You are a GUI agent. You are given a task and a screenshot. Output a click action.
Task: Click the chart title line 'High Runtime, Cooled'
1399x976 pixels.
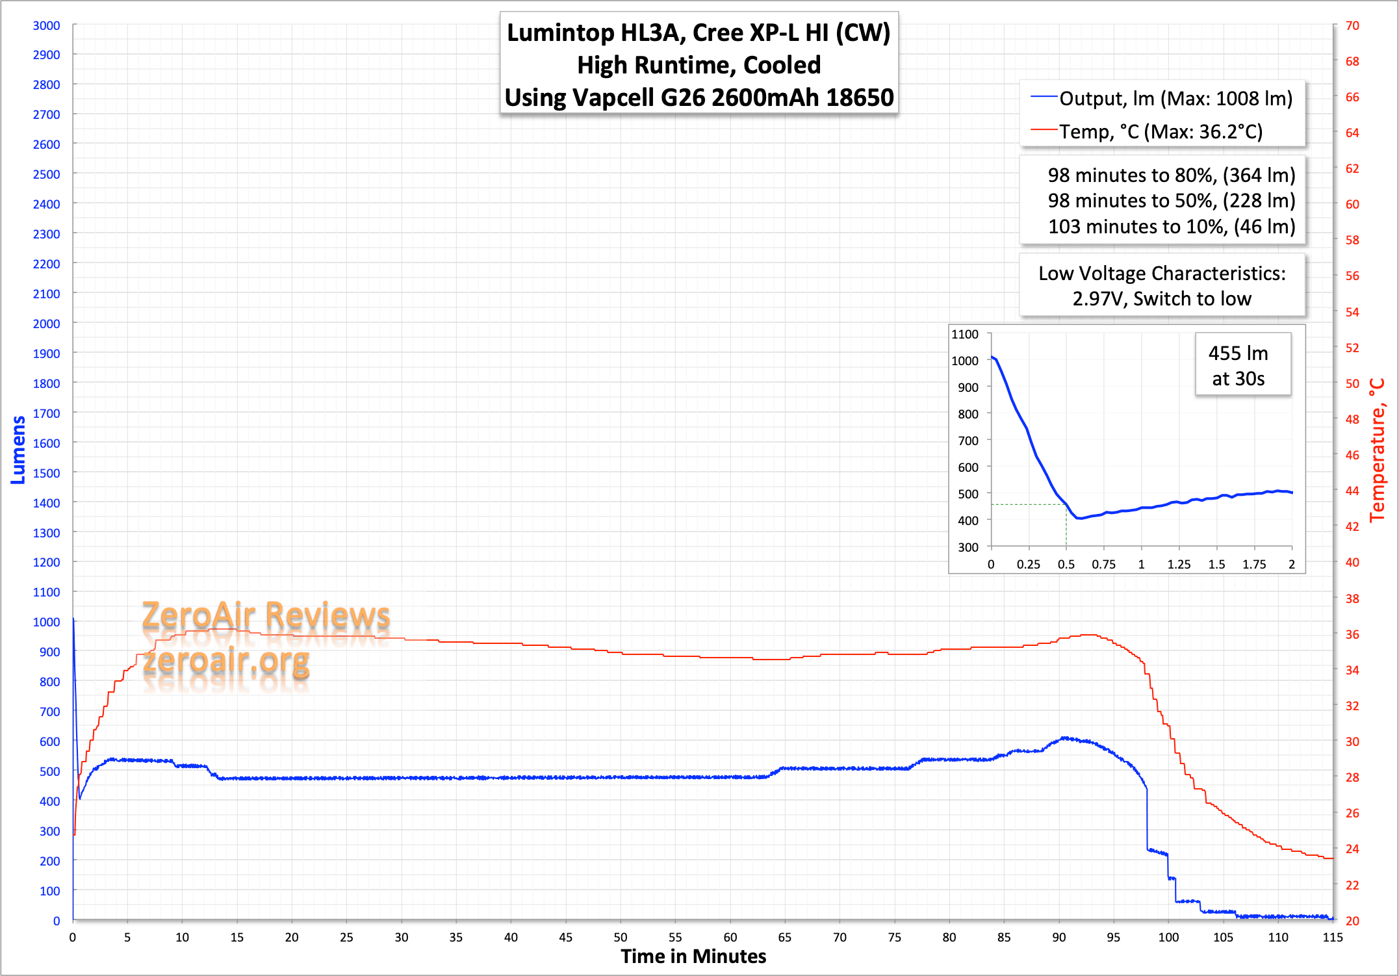click(x=699, y=65)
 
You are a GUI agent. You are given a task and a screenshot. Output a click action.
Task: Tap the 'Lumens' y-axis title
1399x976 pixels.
click(x=18, y=450)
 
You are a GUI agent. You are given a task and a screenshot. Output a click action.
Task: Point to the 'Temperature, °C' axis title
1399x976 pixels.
click(x=1378, y=450)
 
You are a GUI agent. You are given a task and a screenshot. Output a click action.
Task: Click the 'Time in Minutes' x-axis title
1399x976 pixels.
click(x=693, y=957)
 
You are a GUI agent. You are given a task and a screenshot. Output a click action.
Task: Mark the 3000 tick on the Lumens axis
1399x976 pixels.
click(x=46, y=25)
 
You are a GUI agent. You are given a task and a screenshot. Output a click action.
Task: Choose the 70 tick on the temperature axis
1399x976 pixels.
click(x=1352, y=25)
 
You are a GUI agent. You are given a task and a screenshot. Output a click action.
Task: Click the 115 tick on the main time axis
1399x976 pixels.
click(x=1333, y=937)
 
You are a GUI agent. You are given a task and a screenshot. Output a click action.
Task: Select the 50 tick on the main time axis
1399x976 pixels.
click(x=621, y=937)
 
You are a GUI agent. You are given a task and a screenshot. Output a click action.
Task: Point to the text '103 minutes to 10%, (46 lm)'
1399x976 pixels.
click(x=1172, y=226)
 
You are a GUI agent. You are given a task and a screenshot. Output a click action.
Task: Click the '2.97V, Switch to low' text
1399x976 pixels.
click(x=1162, y=298)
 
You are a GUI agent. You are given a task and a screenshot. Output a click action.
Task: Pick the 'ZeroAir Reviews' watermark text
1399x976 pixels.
click(x=266, y=615)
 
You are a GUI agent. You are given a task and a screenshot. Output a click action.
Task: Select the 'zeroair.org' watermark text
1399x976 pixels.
click(x=226, y=661)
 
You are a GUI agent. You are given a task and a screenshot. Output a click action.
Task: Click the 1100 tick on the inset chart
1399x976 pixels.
click(x=965, y=334)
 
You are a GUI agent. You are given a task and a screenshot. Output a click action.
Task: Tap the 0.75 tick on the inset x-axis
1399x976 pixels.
click(x=1103, y=564)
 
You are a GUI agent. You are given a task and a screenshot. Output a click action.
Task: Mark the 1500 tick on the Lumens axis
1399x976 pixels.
click(x=46, y=473)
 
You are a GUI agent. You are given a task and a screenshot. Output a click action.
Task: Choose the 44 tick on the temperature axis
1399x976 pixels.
click(x=1352, y=491)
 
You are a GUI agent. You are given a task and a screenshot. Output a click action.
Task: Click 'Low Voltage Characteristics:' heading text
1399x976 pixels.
click(x=1162, y=274)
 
